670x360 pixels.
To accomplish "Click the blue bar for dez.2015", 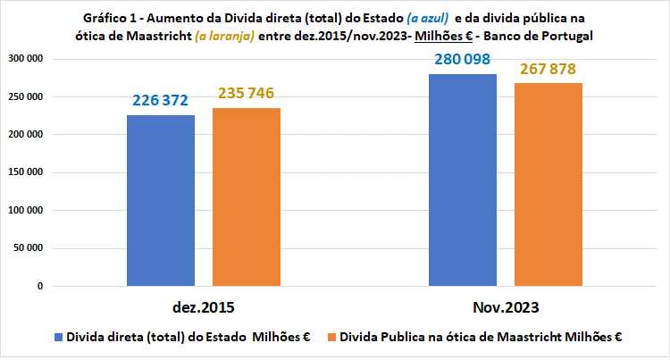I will pos(161,201).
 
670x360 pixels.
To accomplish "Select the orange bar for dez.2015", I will pos(246,197).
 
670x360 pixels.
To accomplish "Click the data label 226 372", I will pos(161,101).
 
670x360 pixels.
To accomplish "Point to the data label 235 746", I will pos(246,94).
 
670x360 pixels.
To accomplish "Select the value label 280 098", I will pos(463,60).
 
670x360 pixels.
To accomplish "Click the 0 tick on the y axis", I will pos(41,287).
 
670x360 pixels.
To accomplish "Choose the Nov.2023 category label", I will pos(506,307).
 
